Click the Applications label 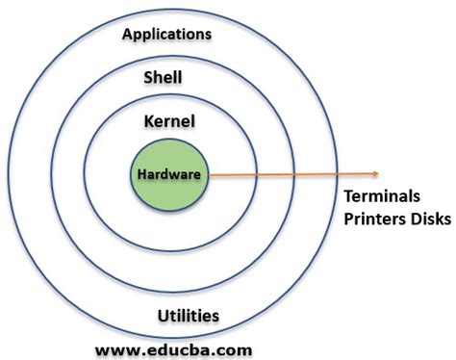click(x=167, y=35)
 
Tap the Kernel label click(x=168, y=121)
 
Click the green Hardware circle click(x=168, y=192)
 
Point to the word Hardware click(x=168, y=175)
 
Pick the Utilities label click(x=189, y=316)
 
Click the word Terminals click(x=382, y=196)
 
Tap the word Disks click(x=430, y=219)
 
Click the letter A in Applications click(x=129, y=35)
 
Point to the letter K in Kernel click(x=146, y=121)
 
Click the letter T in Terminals click(x=349, y=196)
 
